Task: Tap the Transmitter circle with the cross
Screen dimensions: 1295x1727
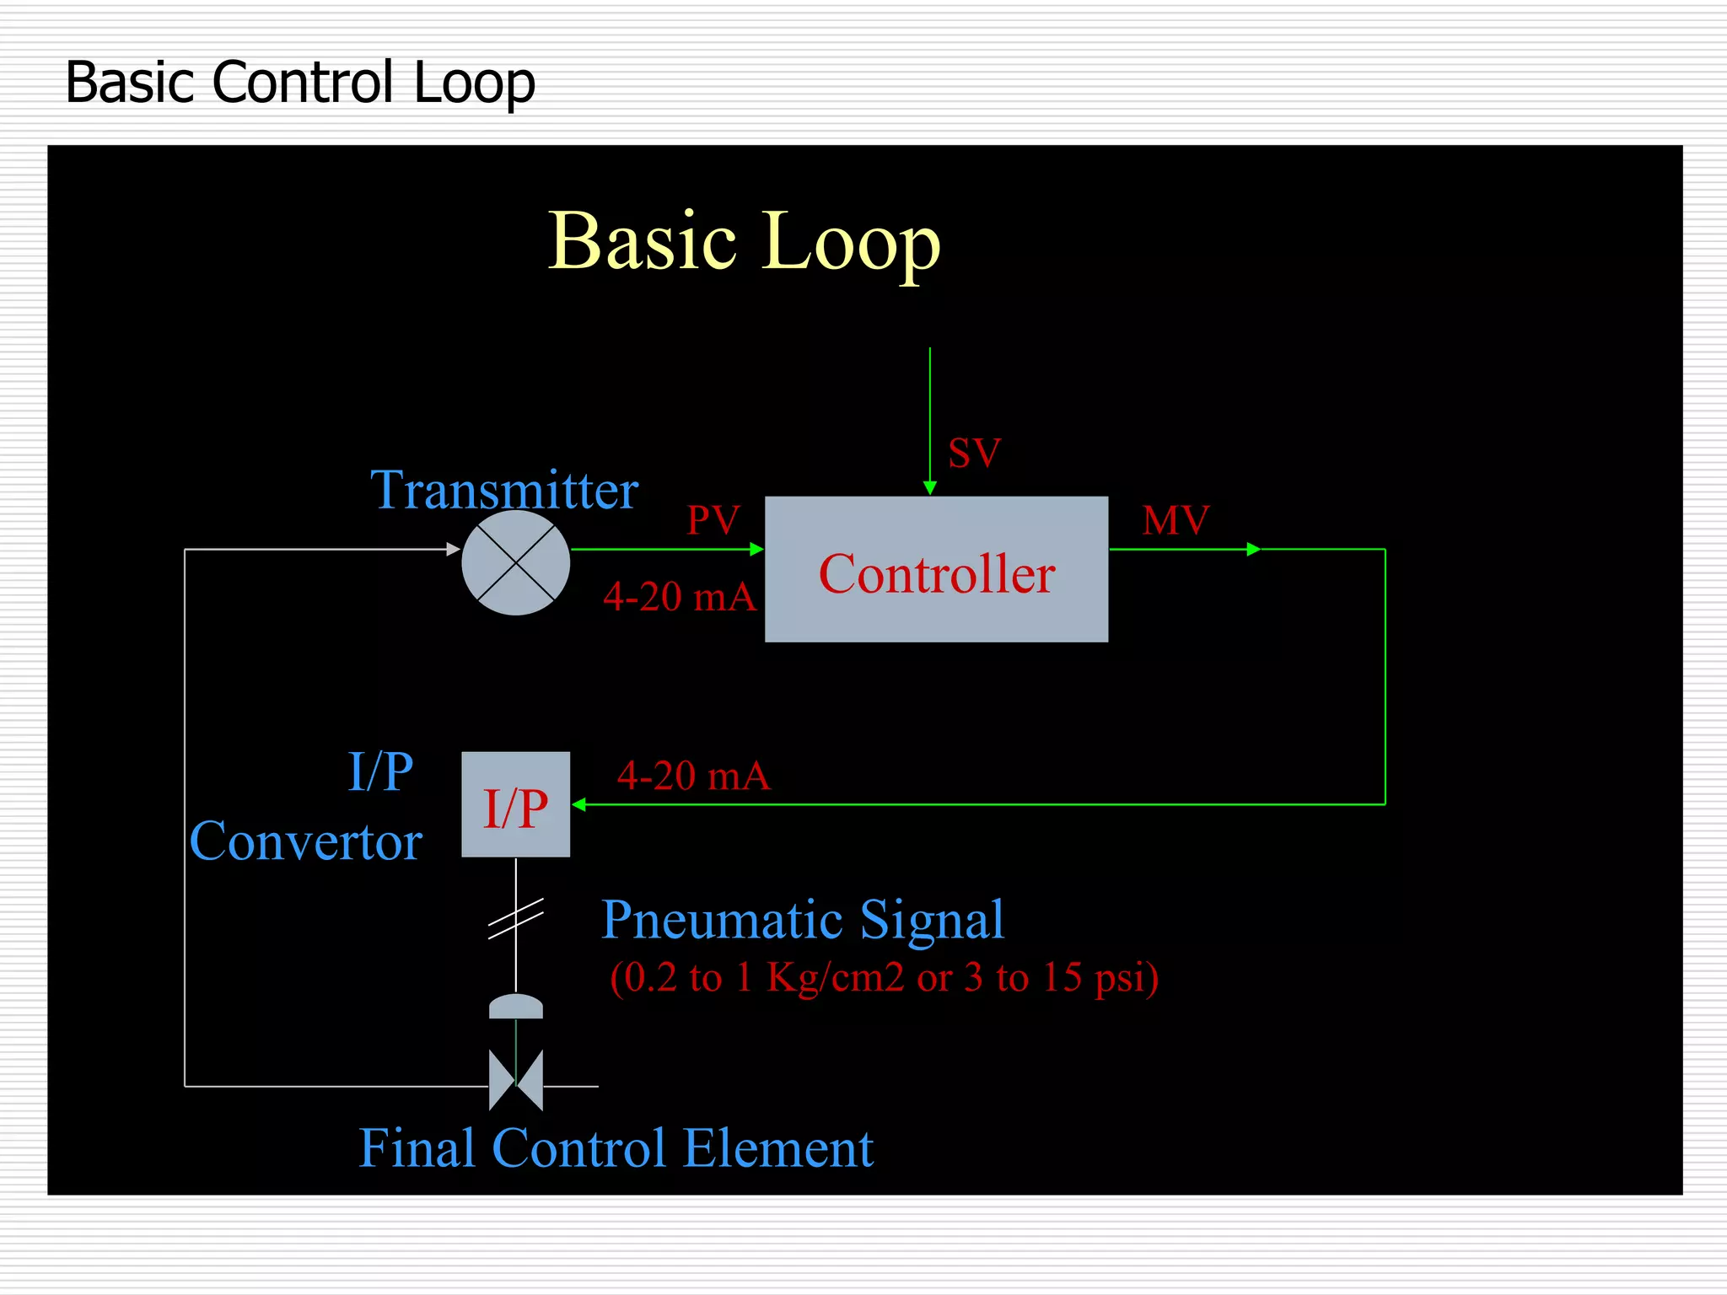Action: (x=516, y=562)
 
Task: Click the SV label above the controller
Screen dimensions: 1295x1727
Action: (x=974, y=454)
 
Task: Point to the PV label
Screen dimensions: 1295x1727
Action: (x=713, y=520)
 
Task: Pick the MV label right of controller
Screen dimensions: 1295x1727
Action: (x=1176, y=520)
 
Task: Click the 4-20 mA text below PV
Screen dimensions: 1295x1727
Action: (x=680, y=597)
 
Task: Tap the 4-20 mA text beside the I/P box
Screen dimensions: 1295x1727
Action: (x=693, y=776)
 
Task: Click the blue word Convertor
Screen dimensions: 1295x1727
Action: (x=305, y=841)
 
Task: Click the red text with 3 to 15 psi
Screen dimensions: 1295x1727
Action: (x=884, y=978)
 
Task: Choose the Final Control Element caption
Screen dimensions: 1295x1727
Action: (x=616, y=1148)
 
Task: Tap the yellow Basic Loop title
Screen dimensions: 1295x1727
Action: (x=744, y=242)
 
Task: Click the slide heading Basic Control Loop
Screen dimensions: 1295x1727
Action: (x=300, y=83)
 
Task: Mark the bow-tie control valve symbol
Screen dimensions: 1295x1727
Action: (x=516, y=1080)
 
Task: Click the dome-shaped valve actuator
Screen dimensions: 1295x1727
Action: (x=516, y=1006)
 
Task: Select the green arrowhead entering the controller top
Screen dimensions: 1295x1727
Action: (x=930, y=488)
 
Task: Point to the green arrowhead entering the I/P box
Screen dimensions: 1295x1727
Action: (x=579, y=804)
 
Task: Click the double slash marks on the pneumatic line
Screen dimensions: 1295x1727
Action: (x=516, y=917)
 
